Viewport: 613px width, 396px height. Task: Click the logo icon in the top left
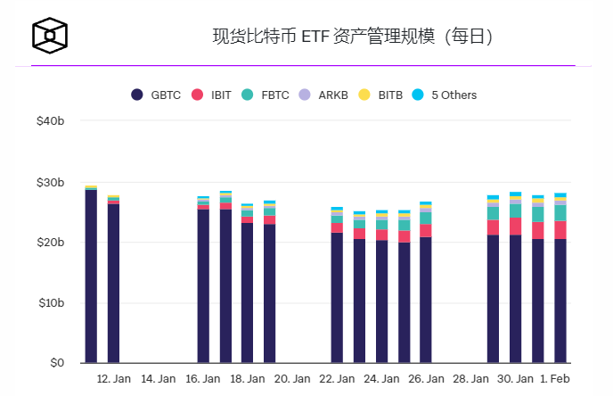pyautogui.click(x=51, y=36)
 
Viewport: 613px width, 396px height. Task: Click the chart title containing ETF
pyautogui.click(x=352, y=37)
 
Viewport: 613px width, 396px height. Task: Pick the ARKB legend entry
pyautogui.click(x=325, y=95)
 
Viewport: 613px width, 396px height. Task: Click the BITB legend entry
pyautogui.click(x=382, y=95)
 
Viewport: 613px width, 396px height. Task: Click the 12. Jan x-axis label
pyautogui.click(x=113, y=379)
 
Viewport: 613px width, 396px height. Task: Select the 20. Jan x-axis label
pyautogui.click(x=291, y=379)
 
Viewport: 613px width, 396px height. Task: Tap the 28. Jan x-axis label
pyautogui.click(x=470, y=379)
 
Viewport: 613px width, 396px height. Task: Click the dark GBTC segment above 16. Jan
pyautogui.click(x=203, y=285)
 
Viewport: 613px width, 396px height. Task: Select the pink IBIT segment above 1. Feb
pyautogui.click(x=560, y=229)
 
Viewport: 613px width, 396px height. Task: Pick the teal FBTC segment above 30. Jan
pyautogui.click(x=515, y=210)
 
